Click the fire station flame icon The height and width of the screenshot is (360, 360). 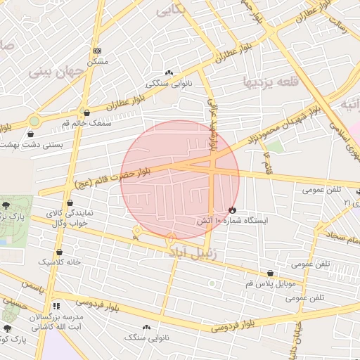point(232,210)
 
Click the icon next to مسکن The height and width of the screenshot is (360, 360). point(97,51)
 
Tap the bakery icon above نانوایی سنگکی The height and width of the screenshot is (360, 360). point(169,72)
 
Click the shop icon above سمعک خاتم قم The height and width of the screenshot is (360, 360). point(86,112)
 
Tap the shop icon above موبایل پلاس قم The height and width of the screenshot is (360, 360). point(270,274)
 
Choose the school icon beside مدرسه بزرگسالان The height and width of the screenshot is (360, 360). point(56,307)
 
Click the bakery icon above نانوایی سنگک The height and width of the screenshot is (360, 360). point(146,327)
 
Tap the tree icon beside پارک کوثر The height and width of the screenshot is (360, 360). point(8,328)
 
